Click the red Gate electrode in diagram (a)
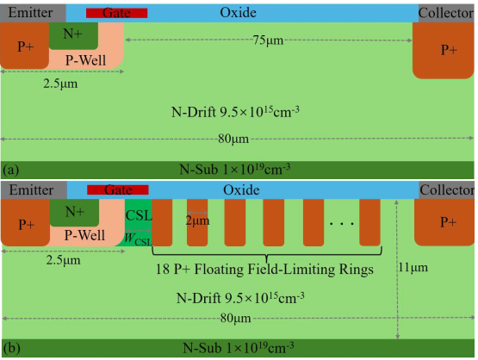(x=117, y=13)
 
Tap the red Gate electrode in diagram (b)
(x=118, y=189)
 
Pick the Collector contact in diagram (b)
(x=446, y=190)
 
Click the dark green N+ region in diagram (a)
(x=73, y=35)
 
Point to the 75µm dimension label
(x=268, y=40)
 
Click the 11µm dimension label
(x=413, y=267)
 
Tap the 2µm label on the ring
(x=197, y=220)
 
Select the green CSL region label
(x=139, y=215)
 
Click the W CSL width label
(x=138, y=239)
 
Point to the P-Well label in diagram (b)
(x=84, y=235)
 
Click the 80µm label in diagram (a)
(x=233, y=139)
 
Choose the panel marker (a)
(x=11, y=170)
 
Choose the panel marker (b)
(x=11, y=348)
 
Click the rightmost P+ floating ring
(x=369, y=222)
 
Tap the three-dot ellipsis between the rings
(x=342, y=224)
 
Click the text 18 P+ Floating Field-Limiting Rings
(x=264, y=270)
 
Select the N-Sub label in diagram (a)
(x=235, y=169)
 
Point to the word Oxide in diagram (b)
(x=241, y=190)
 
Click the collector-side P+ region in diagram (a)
(x=444, y=50)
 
